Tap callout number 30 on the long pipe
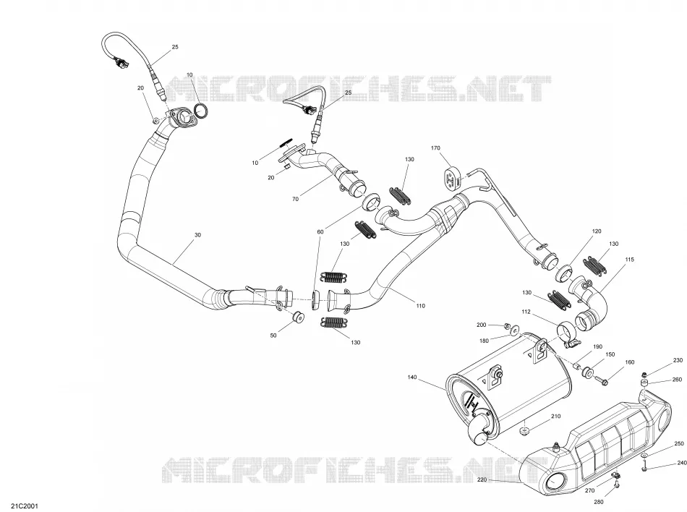(x=197, y=235)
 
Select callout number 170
(x=435, y=148)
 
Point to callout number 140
(x=412, y=377)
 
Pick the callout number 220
(x=482, y=480)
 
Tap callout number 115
(x=630, y=260)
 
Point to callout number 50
(x=273, y=336)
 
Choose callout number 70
(x=295, y=199)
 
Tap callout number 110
(x=421, y=306)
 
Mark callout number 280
(x=599, y=502)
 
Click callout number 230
(x=678, y=360)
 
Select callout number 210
(x=555, y=416)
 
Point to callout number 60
(x=320, y=231)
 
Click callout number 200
(x=482, y=325)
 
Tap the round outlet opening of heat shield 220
(x=556, y=482)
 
